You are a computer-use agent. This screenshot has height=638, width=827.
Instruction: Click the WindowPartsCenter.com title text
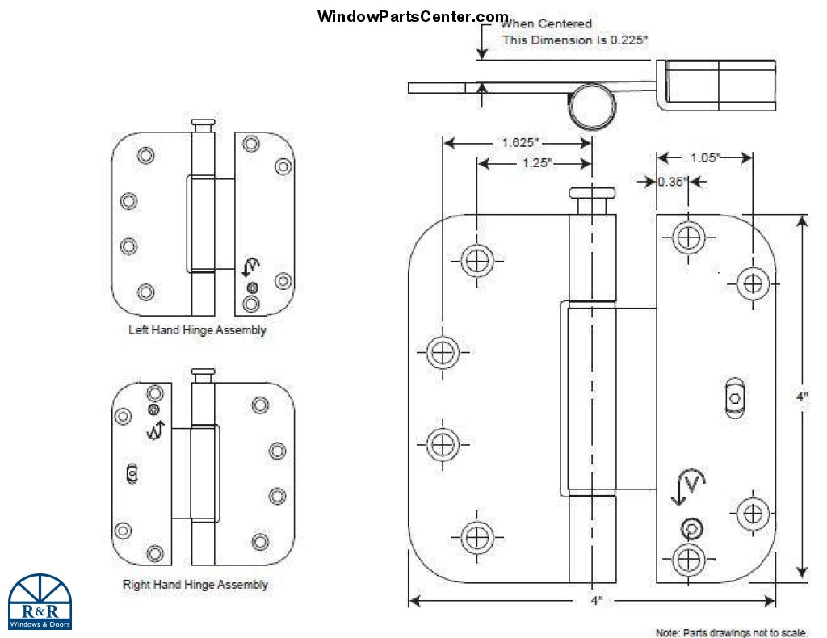coord(413,16)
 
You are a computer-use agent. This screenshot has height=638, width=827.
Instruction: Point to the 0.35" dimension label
coord(671,182)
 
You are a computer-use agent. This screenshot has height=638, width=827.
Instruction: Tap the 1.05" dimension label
coord(705,158)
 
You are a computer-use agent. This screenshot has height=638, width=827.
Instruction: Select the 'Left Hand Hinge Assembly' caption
coord(197,330)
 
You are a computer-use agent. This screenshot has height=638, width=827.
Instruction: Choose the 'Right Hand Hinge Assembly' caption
coord(195,584)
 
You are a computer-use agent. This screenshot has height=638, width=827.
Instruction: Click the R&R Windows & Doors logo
coord(40,602)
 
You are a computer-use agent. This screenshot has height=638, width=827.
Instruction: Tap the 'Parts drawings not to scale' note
coord(732,632)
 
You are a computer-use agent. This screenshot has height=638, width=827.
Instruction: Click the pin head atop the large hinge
coord(592,193)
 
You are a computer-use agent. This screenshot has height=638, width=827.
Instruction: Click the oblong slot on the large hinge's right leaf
coord(734,398)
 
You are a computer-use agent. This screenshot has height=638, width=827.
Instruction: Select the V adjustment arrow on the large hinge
coord(687,487)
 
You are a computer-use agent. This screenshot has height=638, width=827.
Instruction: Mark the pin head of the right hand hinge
coord(204,373)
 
